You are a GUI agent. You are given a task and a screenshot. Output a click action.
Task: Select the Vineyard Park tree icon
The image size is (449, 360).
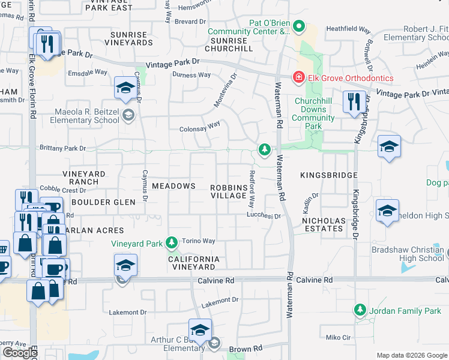172,242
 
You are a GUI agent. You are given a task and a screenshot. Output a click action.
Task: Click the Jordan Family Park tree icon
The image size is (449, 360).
360,310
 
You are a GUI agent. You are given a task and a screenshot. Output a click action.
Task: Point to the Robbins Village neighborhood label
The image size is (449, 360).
229,191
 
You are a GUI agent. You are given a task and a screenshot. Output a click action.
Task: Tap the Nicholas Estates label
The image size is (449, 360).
324,224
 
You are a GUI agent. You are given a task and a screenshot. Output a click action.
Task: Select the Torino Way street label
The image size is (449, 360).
199,241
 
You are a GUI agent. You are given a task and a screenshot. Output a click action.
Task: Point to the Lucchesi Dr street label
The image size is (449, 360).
264,215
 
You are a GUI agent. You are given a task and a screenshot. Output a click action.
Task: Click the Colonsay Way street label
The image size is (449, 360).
200,128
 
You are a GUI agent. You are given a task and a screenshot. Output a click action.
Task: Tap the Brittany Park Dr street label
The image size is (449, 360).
63,148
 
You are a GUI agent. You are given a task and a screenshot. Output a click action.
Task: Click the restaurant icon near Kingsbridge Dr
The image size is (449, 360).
352,101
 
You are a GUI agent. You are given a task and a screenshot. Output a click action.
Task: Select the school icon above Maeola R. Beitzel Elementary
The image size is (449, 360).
124,89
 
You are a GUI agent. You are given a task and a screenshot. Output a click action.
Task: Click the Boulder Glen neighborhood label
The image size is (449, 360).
103,202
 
